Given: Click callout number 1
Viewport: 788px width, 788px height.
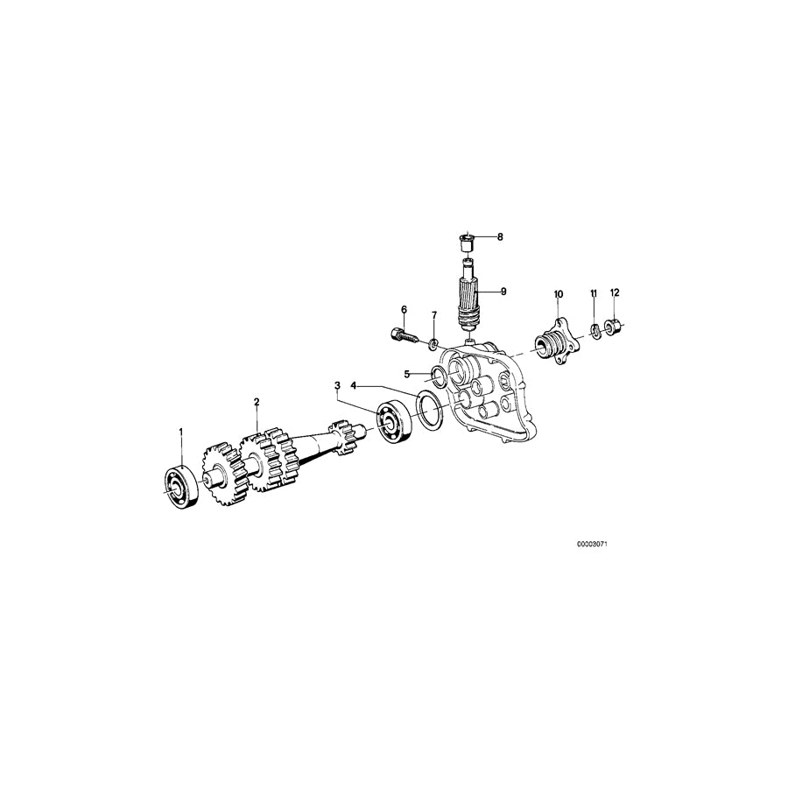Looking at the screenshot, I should [x=181, y=432].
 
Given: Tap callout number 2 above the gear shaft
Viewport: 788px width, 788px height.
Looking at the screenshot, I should [x=257, y=402].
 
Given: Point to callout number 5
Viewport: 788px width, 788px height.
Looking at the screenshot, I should [x=407, y=374].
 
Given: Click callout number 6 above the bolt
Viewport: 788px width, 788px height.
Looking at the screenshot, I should [x=405, y=309].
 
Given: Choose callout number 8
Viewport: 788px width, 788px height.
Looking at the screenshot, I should [x=500, y=236].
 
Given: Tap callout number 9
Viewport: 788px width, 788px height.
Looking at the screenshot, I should [x=503, y=291].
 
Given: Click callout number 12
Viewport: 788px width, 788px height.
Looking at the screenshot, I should [x=615, y=292].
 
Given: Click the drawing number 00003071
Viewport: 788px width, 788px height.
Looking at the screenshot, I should [x=592, y=544].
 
